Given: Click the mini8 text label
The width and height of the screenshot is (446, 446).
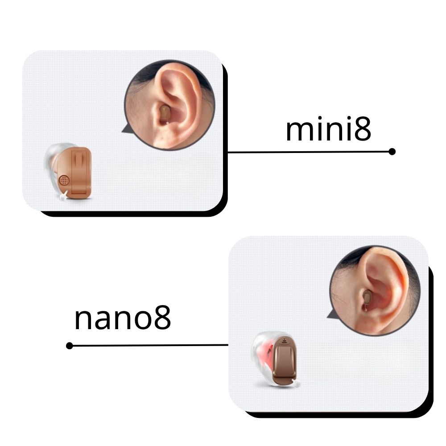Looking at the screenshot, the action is pos(328,129).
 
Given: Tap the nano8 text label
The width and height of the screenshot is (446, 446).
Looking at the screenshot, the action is pos(123,318).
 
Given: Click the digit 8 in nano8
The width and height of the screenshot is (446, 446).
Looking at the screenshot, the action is pos(163,318).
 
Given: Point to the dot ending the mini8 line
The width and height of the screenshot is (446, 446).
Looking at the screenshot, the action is pos(392,152).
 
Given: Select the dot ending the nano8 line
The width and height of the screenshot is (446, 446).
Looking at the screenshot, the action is pos(70,346).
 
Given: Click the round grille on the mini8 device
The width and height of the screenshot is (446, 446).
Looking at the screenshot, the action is pos(64,180).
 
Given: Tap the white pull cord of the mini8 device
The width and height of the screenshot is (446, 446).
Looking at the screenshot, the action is pos(63,196).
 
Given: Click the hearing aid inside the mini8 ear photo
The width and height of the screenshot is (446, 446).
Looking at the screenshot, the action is pos(165,114).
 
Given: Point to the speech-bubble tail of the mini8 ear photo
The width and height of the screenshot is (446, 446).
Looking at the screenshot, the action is pos(125,129).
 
